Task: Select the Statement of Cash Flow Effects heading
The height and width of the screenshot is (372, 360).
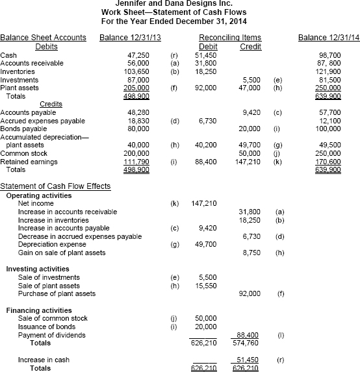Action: [x=55, y=187]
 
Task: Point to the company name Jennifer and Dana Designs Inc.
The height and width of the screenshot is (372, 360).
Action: [x=179, y=3]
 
